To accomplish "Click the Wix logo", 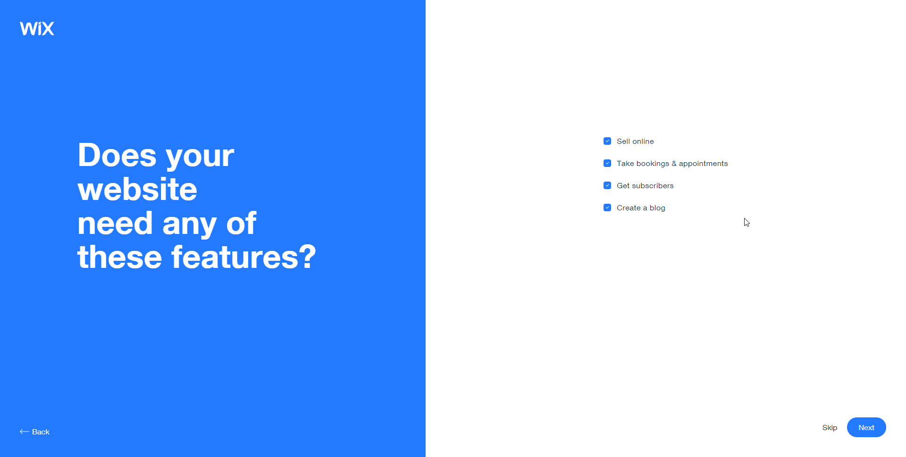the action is (x=37, y=28).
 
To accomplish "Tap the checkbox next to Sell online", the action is (x=607, y=141).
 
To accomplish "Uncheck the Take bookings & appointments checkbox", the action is (x=607, y=163).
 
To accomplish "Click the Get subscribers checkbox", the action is (x=607, y=185).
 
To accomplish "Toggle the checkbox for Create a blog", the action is (x=607, y=208).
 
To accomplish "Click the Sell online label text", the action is (x=635, y=141).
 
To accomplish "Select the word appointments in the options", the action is (x=703, y=164).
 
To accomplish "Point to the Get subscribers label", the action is (x=645, y=186).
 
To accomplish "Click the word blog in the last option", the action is (x=657, y=208).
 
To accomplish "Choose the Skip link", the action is (x=830, y=428).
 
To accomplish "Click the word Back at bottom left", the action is (x=41, y=432).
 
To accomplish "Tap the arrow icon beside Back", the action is (x=25, y=432).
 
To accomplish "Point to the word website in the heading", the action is (x=137, y=189).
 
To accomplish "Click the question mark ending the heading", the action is (x=308, y=257).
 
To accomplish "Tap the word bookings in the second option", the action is (x=653, y=164).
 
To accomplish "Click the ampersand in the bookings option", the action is (x=674, y=164).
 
